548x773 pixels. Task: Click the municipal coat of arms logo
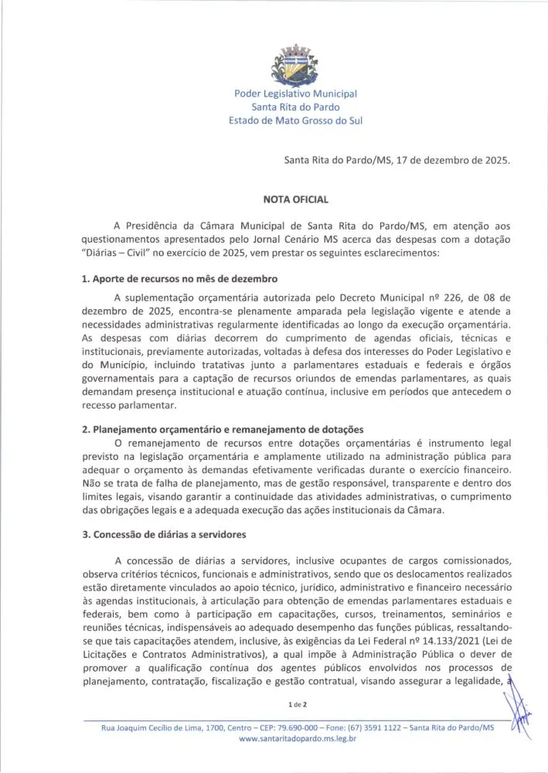click(295, 65)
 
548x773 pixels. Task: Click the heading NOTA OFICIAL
click(296, 199)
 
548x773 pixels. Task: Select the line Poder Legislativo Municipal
click(296, 94)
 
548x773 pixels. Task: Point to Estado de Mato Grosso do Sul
click(296, 121)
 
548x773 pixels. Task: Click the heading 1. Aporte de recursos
click(180, 278)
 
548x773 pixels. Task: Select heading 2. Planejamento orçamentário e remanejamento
click(223, 429)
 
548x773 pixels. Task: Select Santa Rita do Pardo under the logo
click(296, 107)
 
